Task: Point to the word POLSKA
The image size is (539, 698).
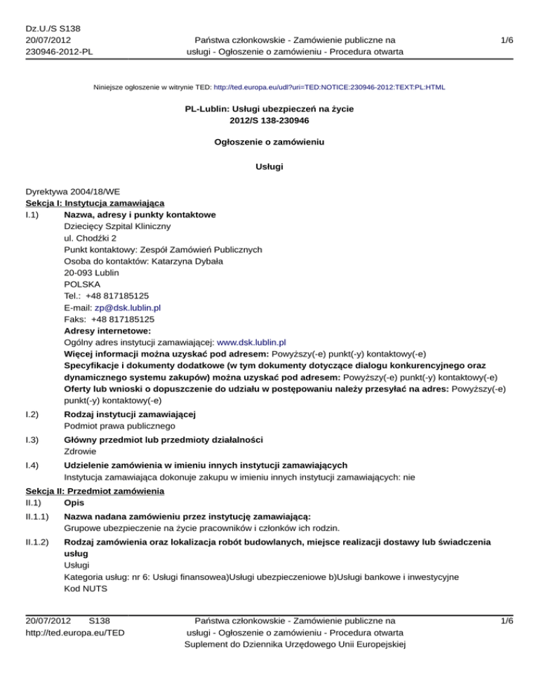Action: [81, 283]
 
